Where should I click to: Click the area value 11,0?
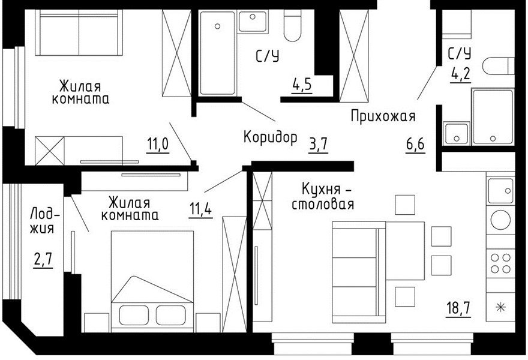point(158,145)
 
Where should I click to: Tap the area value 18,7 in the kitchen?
point(458,308)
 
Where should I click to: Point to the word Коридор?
point(271,137)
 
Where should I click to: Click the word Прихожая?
point(383,116)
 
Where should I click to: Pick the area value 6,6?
point(415,145)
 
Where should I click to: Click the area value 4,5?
point(302,85)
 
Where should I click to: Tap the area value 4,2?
point(460,74)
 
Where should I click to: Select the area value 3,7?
point(318,145)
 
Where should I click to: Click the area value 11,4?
point(200,209)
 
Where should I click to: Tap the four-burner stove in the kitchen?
point(500,263)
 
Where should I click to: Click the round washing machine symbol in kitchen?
point(500,220)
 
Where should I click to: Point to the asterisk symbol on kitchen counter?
point(501,307)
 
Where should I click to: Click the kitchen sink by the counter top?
point(500,191)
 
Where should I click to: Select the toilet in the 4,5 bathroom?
point(292,25)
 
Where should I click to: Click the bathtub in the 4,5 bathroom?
point(217,53)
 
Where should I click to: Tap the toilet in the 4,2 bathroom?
point(498,66)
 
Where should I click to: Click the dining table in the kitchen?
point(405,251)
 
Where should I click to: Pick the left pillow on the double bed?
point(134,315)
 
